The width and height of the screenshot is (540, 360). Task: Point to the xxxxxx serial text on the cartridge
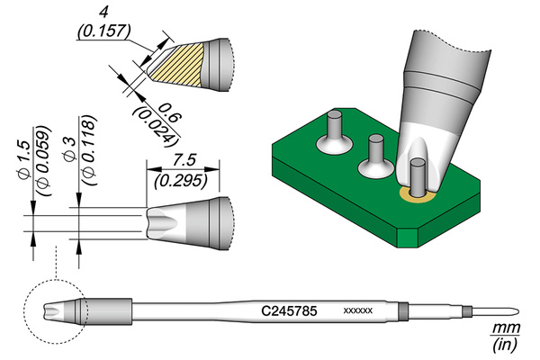pyautogui.click(x=358, y=310)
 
